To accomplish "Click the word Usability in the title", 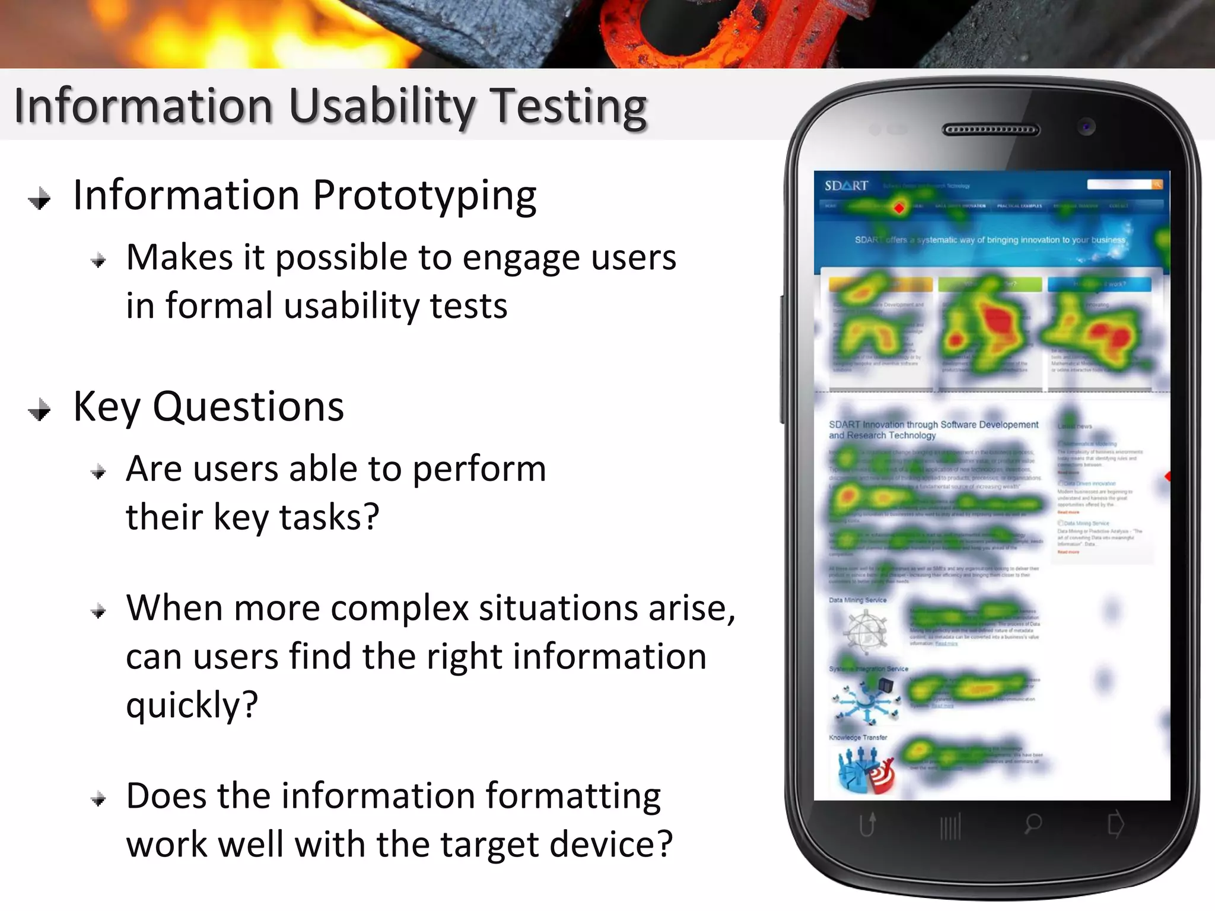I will pyautogui.click(x=382, y=107).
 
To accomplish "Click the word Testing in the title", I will pyautogui.click(x=570, y=107).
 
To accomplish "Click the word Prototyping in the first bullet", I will pyautogui.click(x=424, y=196).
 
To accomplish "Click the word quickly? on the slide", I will pyautogui.click(x=192, y=705).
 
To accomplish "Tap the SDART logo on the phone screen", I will pyautogui.click(x=846, y=186).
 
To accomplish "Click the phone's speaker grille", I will pyautogui.click(x=991, y=130).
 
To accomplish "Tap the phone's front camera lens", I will pyautogui.click(x=1087, y=127).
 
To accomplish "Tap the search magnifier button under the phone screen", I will pyautogui.click(x=1033, y=823).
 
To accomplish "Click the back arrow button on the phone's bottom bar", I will pyautogui.click(x=867, y=824).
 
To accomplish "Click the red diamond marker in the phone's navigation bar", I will pyautogui.click(x=899, y=208).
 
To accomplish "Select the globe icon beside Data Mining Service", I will pyautogui.click(x=865, y=630).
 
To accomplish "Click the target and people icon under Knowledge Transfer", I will pyautogui.click(x=865, y=769).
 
